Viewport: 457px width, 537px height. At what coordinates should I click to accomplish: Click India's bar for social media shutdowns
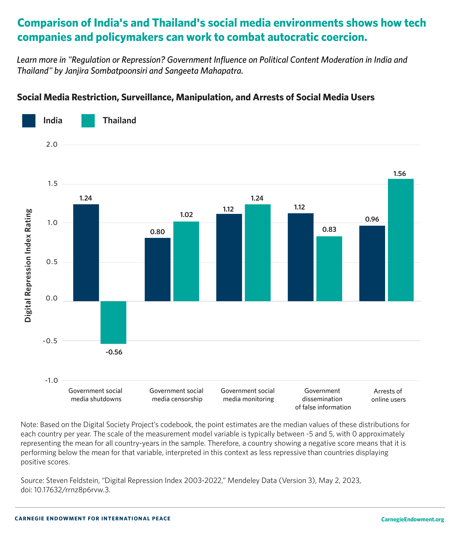[x=86, y=253]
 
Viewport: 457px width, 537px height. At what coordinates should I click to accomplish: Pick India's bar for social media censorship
[x=158, y=269]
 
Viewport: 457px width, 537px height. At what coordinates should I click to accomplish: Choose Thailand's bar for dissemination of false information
[x=329, y=269]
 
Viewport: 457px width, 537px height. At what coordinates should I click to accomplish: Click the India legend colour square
[x=29, y=121]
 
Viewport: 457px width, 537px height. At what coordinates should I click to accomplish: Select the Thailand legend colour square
[x=88, y=121]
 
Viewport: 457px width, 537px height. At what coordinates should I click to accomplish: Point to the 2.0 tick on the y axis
[x=52, y=145]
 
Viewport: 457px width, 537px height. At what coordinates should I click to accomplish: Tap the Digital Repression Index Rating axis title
[x=28, y=265]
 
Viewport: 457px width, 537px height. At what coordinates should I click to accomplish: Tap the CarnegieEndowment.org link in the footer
[x=412, y=519]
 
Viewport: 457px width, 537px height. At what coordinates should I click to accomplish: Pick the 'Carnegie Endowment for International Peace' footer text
[x=93, y=519]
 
